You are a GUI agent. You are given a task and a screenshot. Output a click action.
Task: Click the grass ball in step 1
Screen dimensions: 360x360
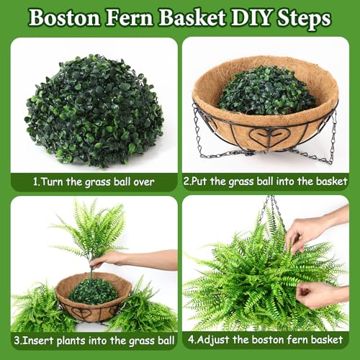coord(94,109)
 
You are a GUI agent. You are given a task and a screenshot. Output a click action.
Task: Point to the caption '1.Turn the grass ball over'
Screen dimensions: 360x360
coord(94,181)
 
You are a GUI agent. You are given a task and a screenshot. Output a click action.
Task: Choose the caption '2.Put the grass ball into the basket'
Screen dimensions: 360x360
coord(266,181)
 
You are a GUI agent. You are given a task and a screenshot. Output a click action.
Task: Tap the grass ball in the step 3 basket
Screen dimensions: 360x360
coord(93,290)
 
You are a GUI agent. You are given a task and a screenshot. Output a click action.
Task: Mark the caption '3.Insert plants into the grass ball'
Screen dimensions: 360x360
coord(94,339)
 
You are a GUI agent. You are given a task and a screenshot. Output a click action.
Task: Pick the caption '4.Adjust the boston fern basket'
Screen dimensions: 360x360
coord(266,339)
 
